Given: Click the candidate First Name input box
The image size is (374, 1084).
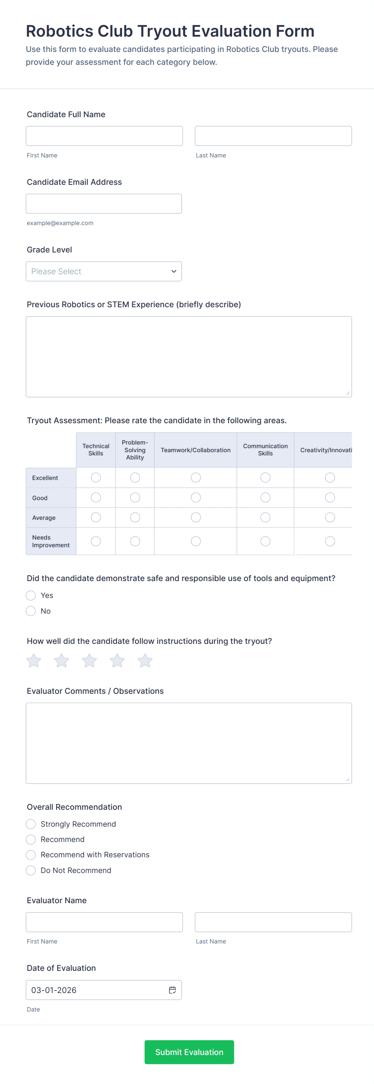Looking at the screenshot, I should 104,136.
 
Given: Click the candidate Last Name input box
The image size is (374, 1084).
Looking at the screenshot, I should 273,136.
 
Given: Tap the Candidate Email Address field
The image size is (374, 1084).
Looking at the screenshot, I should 103,204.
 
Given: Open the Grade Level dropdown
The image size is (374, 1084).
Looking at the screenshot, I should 103,271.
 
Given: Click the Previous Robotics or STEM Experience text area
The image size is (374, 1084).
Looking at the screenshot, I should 188,356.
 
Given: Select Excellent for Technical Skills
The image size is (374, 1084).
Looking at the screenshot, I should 96,478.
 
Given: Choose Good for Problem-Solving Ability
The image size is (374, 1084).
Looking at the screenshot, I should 135,497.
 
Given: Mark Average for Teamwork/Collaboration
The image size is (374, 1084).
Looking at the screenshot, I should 195,517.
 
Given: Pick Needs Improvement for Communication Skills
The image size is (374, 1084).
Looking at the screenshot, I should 265,541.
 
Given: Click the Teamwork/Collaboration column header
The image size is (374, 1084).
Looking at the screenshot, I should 195,450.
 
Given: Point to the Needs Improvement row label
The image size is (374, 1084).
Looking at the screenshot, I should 50,541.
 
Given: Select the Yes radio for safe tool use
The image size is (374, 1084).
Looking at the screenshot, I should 31,596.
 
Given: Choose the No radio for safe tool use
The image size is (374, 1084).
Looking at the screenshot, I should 31,611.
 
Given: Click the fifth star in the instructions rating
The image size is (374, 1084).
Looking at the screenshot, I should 145,661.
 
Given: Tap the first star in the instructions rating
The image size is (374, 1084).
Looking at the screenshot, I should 34,661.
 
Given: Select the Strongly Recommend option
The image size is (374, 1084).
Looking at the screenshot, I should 31,824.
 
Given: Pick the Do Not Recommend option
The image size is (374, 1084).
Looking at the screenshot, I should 31,870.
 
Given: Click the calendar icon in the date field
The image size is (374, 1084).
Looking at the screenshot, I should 172,990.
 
